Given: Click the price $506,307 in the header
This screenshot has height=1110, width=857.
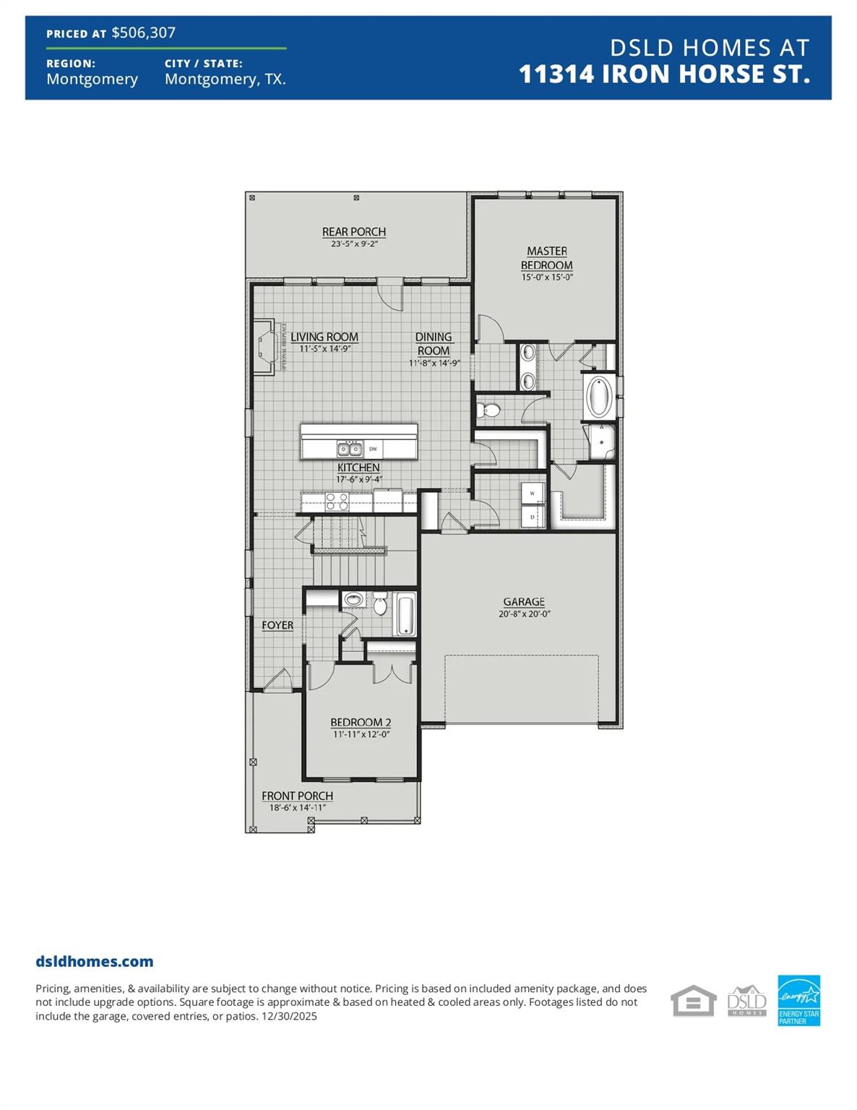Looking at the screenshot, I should (x=143, y=33).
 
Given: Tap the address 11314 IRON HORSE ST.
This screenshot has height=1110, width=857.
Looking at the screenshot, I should (x=663, y=74).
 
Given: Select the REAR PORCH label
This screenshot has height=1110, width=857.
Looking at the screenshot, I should (x=353, y=232).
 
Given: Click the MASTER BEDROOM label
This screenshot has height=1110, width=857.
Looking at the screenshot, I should (x=546, y=258).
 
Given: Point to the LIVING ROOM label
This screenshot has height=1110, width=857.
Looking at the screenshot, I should (x=324, y=337).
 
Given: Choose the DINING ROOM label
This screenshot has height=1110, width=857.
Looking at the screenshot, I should (x=434, y=344).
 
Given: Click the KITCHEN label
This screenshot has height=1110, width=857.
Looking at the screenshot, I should (x=358, y=468).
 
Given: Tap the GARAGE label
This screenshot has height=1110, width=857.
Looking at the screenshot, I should (x=524, y=602).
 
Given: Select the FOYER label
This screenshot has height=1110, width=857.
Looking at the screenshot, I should (x=277, y=625).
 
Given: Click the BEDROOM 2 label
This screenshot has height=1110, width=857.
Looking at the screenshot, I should (x=361, y=723).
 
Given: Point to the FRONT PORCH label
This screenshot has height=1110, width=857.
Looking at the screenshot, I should (x=297, y=796).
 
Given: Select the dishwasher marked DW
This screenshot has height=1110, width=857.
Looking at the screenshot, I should (x=373, y=449).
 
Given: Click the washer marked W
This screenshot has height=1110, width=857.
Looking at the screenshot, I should (x=533, y=494).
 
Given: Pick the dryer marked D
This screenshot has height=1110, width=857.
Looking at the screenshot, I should (x=533, y=517).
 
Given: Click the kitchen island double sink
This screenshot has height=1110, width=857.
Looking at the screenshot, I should (x=350, y=449).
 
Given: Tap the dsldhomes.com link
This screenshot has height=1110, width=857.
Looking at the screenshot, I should (x=95, y=961).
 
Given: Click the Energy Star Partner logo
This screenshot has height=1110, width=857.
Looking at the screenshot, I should (x=798, y=1000).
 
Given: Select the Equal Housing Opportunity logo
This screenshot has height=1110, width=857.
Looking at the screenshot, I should (x=693, y=1001).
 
